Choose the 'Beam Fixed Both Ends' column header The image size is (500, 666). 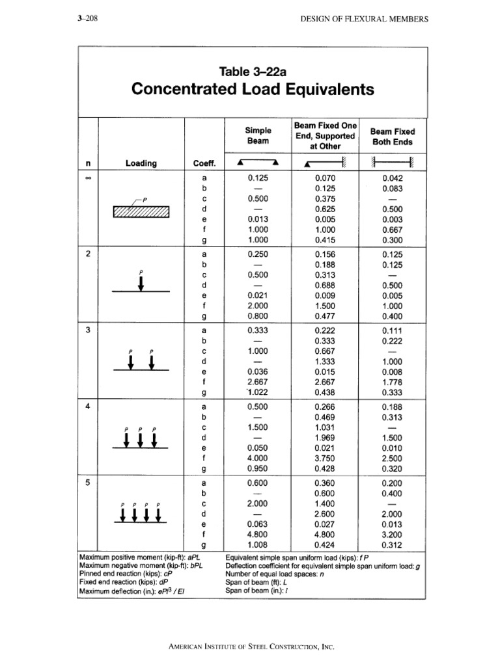click(x=392, y=136)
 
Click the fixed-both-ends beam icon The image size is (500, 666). click(x=392, y=163)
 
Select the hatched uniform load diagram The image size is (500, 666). click(x=141, y=211)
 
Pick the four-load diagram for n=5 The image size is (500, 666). click(x=141, y=514)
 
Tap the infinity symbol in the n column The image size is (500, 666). click(x=88, y=177)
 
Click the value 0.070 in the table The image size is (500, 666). click(x=325, y=177)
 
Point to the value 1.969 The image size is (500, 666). click(x=325, y=438)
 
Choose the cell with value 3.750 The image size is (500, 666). click(x=325, y=459)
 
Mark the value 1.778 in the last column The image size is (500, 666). click(x=392, y=382)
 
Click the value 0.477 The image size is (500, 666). click(x=325, y=317)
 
